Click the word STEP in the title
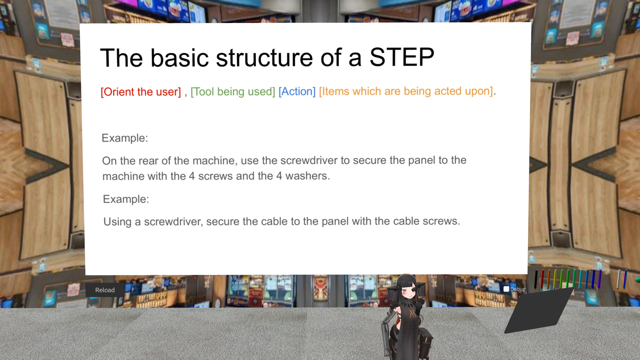pyautogui.click(x=402, y=57)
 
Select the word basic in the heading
pyautogui.click(x=180, y=58)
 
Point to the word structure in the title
pyautogui.click(x=264, y=57)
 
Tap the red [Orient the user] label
pyautogui.click(x=141, y=92)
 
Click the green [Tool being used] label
pyautogui.click(x=233, y=92)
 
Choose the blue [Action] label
pyautogui.click(x=297, y=91)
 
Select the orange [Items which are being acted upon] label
pyautogui.click(x=406, y=91)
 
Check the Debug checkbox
pyautogui.click(x=506, y=289)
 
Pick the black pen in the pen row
pyautogui.click(x=536, y=279)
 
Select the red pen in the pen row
pyautogui.click(x=542, y=279)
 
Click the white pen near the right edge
pyautogui.click(x=619, y=279)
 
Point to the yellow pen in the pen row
pyautogui.click(x=555, y=279)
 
